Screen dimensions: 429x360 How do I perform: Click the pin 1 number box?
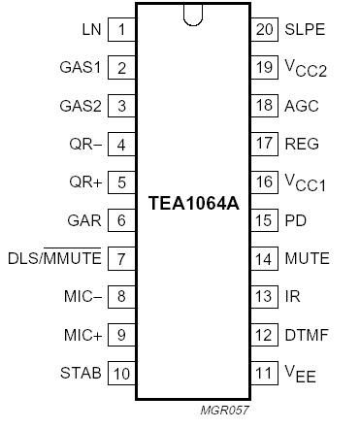point(121,29)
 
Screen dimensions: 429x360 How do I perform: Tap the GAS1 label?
point(81,68)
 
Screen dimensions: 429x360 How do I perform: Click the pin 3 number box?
point(121,106)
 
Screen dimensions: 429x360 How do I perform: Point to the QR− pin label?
point(83,145)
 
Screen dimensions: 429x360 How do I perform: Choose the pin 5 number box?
point(121,182)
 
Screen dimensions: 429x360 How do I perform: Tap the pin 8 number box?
point(121,297)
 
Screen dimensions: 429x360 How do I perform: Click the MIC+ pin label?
point(81,335)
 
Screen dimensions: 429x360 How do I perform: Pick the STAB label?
point(81,373)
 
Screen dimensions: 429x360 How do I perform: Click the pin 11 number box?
point(263,373)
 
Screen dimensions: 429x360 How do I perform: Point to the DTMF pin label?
point(306,335)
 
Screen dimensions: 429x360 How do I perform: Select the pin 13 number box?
point(263,297)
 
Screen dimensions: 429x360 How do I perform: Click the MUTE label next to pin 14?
point(307,259)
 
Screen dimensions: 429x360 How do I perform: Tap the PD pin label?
point(295,220)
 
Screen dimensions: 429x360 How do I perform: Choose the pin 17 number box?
point(263,145)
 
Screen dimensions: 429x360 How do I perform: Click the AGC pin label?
point(301,106)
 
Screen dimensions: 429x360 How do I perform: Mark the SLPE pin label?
point(304,29)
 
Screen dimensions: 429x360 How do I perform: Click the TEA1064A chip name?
point(192,203)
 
